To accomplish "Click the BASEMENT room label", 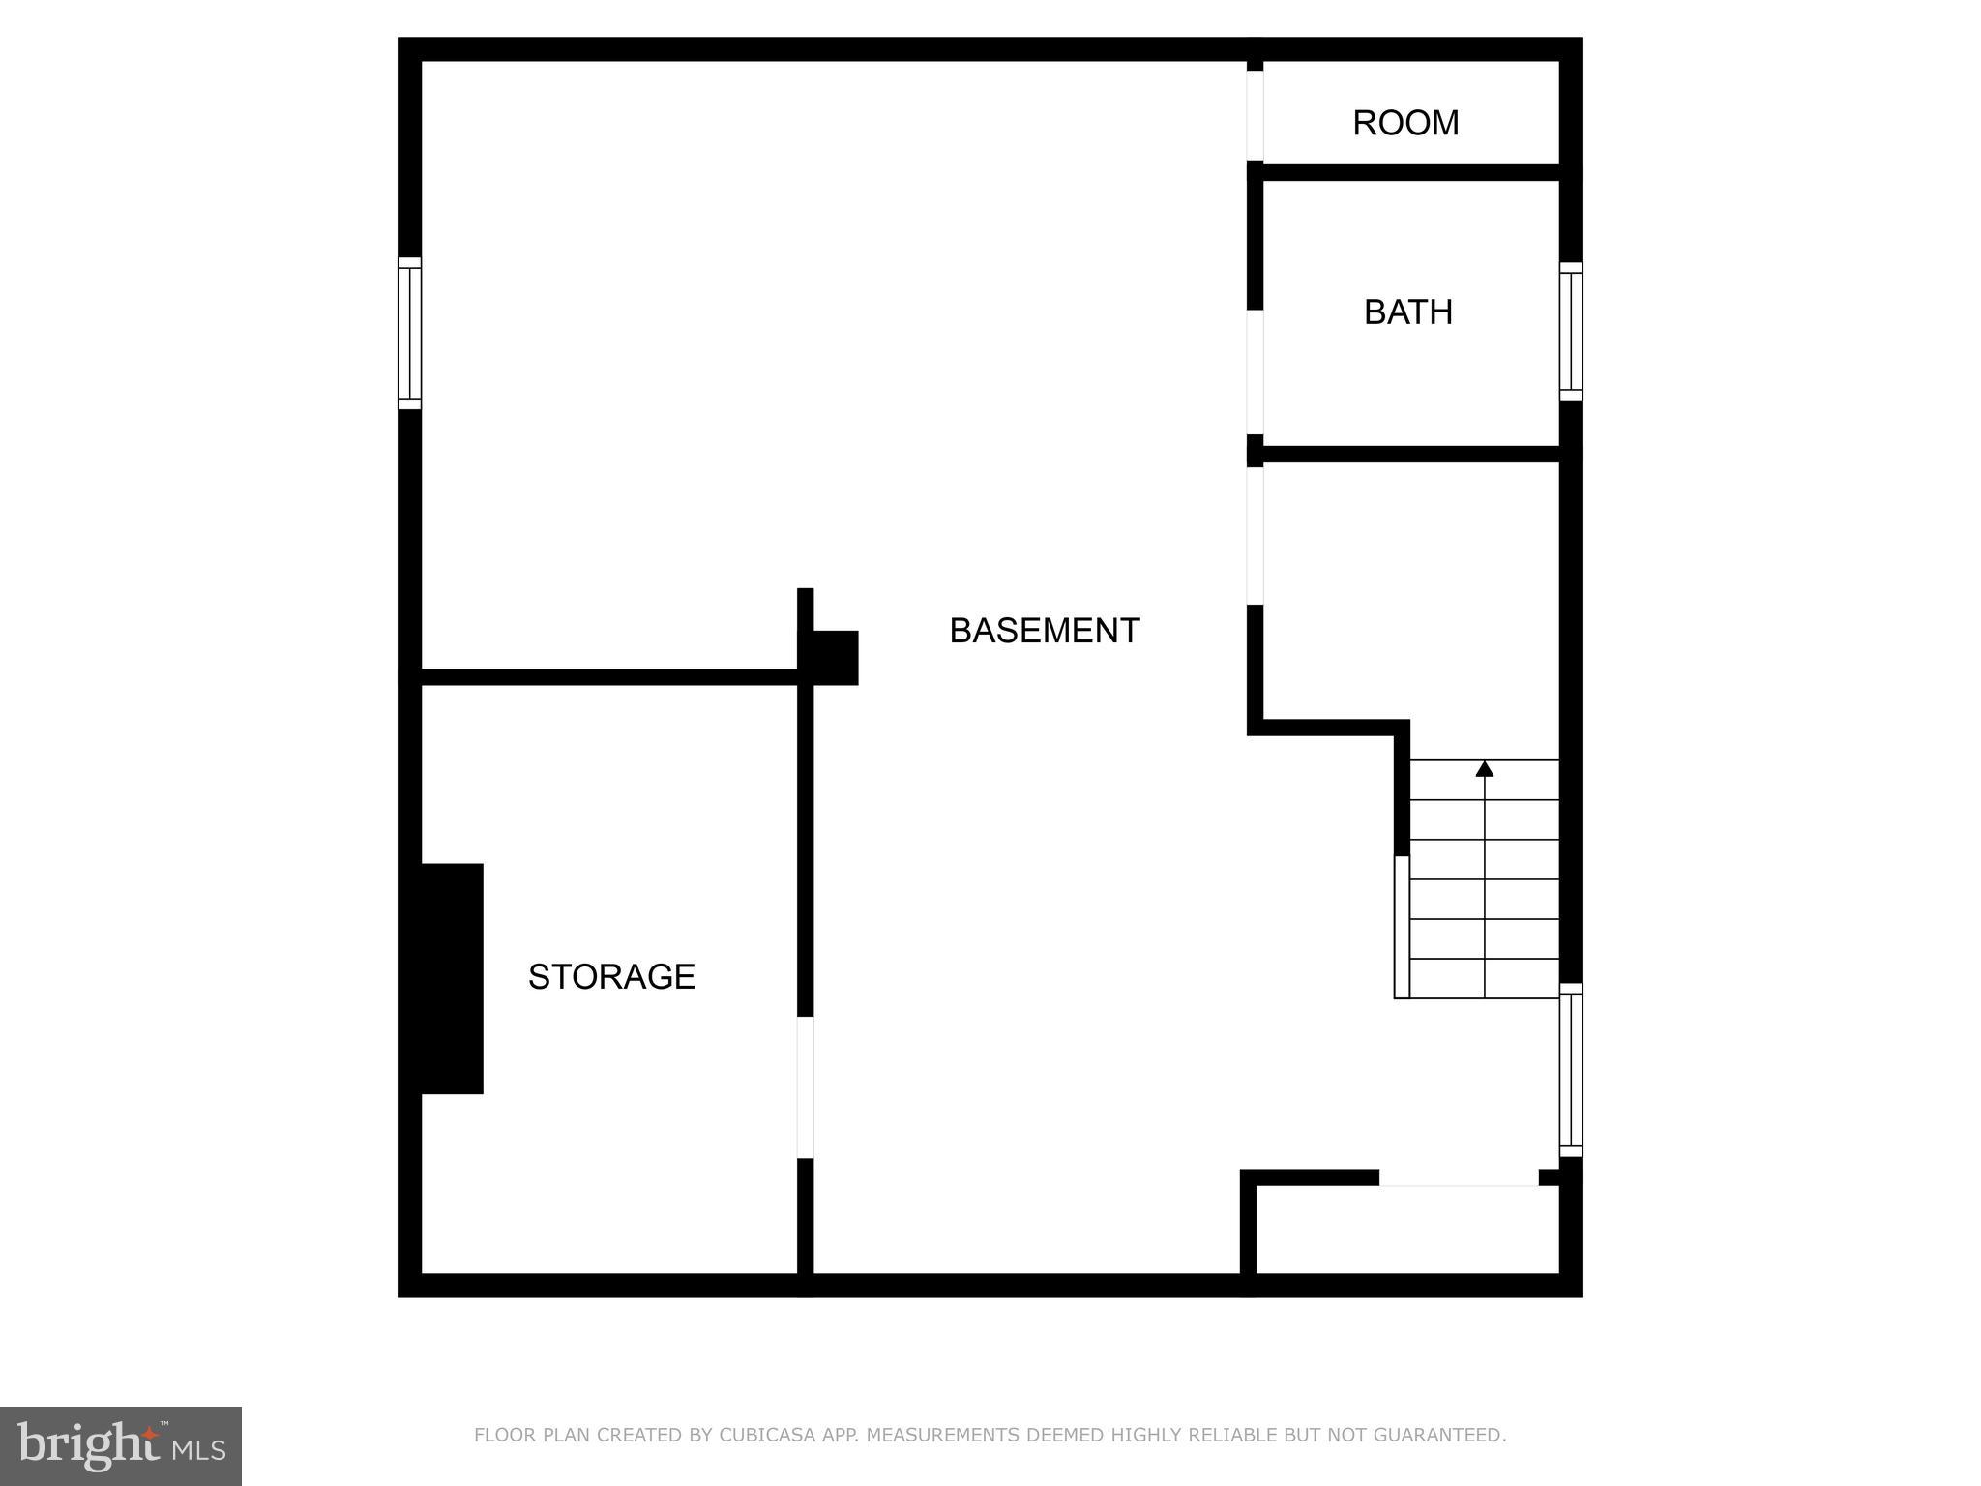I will coord(1044,631).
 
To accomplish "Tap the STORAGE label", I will coord(611,977).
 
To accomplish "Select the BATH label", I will coord(1407,312).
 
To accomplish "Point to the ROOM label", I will coord(1405,123).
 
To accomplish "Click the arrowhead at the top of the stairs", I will coord(1484,769).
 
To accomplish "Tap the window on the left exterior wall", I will coord(410,333).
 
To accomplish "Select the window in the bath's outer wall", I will coord(1570,331).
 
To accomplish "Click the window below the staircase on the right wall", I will coord(1570,1070).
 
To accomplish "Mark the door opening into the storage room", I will coord(805,1087).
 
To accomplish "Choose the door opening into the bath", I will coord(1255,372).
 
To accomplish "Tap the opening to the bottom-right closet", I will coord(1458,1177).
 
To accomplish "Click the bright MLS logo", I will coord(121,1446).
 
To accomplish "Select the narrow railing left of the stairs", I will coord(1401,927).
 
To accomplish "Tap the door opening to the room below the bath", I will coord(1255,536).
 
